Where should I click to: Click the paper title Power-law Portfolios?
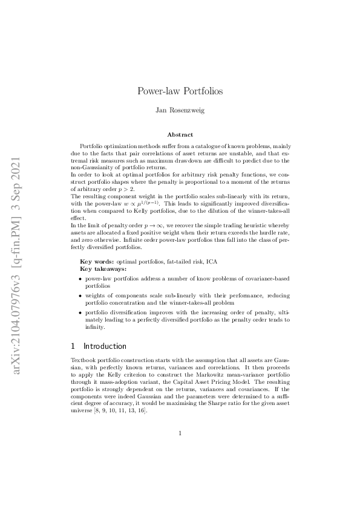[x=180, y=91]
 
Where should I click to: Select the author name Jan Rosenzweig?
[x=180, y=111]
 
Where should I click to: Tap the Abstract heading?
[x=180, y=135]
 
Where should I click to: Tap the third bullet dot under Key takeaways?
[x=81, y=313]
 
